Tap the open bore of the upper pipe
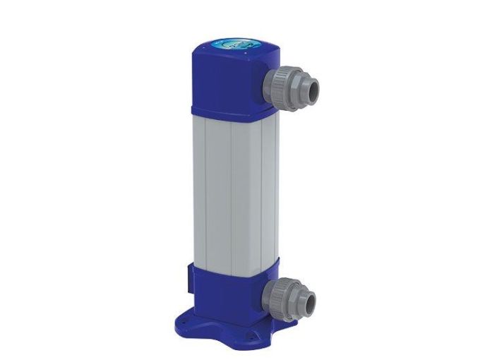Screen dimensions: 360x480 click(x=310, y=87)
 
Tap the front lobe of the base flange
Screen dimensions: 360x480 click(x=228, y=340)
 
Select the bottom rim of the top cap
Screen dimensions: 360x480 click(x=226, y=113)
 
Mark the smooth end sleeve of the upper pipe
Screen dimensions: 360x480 click(x=307, y=87)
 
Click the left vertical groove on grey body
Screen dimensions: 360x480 click(x=231, y=191)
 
